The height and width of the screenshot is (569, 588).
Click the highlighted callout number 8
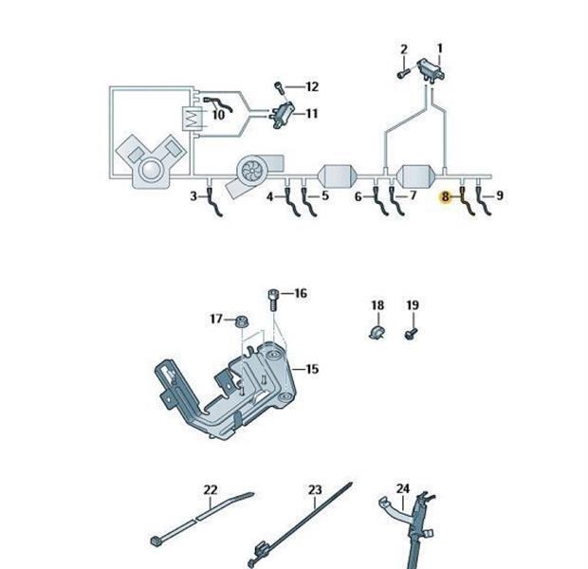tap(445, 196)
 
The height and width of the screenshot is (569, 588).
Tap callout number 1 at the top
tap(439, 48)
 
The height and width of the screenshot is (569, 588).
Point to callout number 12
tap(311, 87)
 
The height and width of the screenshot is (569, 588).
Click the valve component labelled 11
tap(283, 116)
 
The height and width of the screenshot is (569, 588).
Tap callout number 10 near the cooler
tap(218, 116)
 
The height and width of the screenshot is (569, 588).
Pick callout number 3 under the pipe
tap(193, 196)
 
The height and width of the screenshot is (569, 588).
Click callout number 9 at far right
tap(500, 196)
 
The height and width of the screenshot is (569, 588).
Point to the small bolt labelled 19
tap(411, 333)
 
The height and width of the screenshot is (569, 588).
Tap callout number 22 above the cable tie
tap(211, 490)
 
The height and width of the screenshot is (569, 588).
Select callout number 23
tap(316, 490)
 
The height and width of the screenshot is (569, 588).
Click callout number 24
tap(403, 489)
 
